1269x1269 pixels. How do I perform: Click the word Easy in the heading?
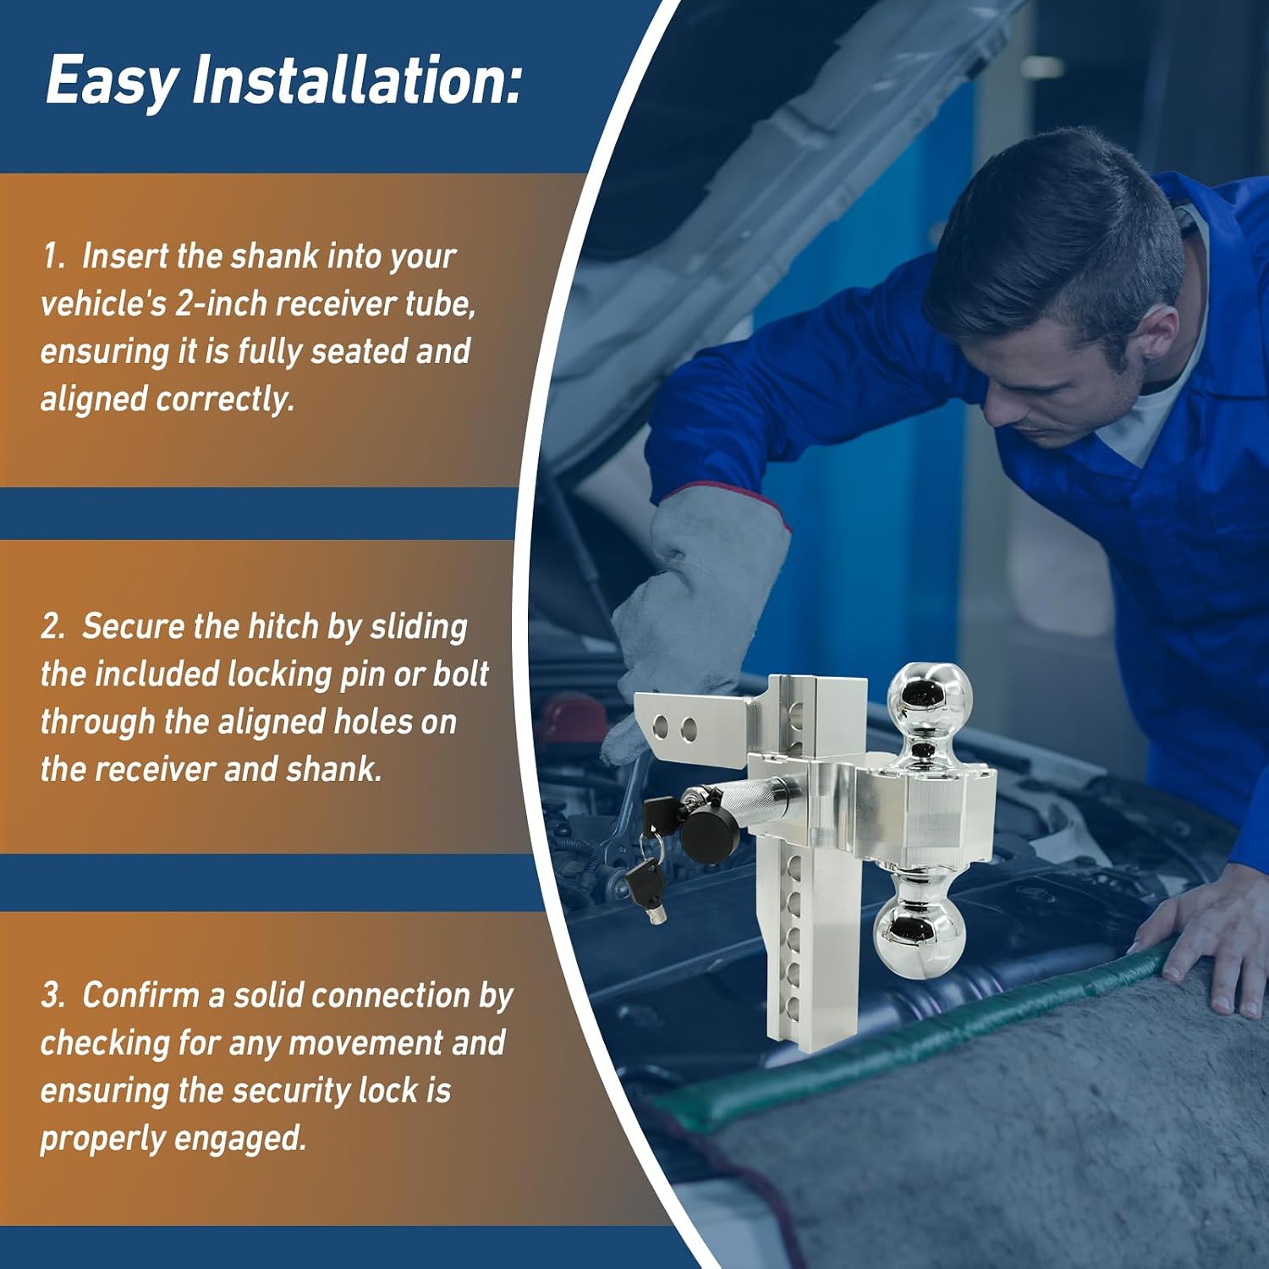pyautogui.click(x=112, y=82)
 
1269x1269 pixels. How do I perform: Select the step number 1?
pyautogui.click(x=53, y=255)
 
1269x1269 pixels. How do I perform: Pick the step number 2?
pyautogui.click(x=53, y=626)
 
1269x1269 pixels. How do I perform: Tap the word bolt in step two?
pyautogui.click(x=461, y=674)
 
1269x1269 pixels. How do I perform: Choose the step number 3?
pyautogui.click(x=53, y=996)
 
